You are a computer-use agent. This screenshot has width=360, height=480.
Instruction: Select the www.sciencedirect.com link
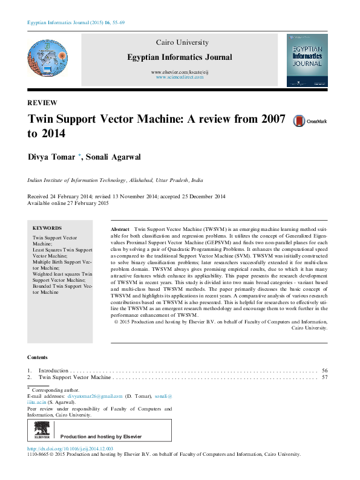click(x=179, y=77)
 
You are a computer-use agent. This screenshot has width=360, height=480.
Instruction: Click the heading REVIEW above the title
click(x=42, y=103)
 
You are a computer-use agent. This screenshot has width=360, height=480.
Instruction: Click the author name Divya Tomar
click(x=51, y=158)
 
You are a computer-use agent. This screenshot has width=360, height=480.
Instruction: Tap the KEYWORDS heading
click(x=47, y=229)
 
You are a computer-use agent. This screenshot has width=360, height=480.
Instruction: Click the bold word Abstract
click(x=120, y=230)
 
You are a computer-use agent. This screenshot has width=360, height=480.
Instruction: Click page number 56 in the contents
click(x=325, y=370)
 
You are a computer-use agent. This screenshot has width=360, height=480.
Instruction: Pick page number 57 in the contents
click(x=325, y=377)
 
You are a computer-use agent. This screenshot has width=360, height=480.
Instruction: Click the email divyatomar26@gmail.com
click(x=94, y=396)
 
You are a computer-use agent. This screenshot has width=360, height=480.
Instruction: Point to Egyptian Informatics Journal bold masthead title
click(x=179, y=57)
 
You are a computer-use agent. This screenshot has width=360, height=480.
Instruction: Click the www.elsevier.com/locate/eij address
click(x=179, y=72)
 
